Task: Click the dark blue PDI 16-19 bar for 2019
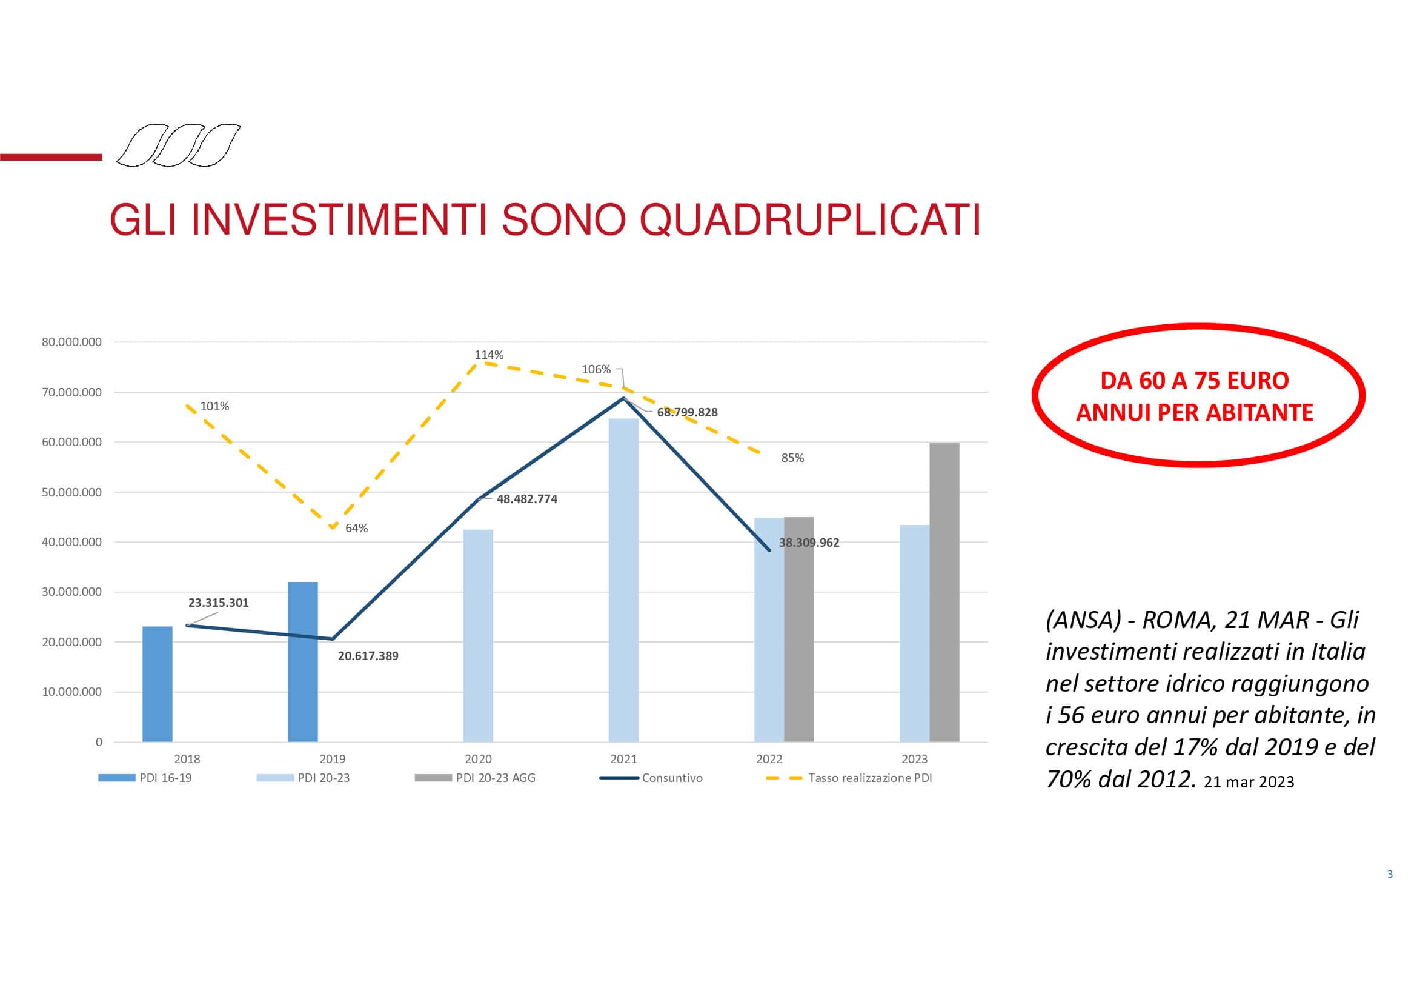(303, 661)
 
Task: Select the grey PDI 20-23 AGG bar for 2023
(944, 592)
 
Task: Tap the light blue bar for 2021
(623, 579)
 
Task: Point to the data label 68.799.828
(687, 412)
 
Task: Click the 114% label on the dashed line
(489, 355)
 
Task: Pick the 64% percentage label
(356, 528)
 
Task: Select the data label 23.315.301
(219, 603)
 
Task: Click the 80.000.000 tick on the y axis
(71, 342)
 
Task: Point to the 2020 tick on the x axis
(479, 759)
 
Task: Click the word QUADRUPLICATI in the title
(810, 220)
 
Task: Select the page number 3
(1390, 873)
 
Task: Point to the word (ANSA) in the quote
(1083, 620)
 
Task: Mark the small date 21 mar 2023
(1249, 782)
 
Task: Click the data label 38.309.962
(809, 543)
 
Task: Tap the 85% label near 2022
(792, 458)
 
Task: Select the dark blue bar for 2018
(158, 684)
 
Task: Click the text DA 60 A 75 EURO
(1195, 380)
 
